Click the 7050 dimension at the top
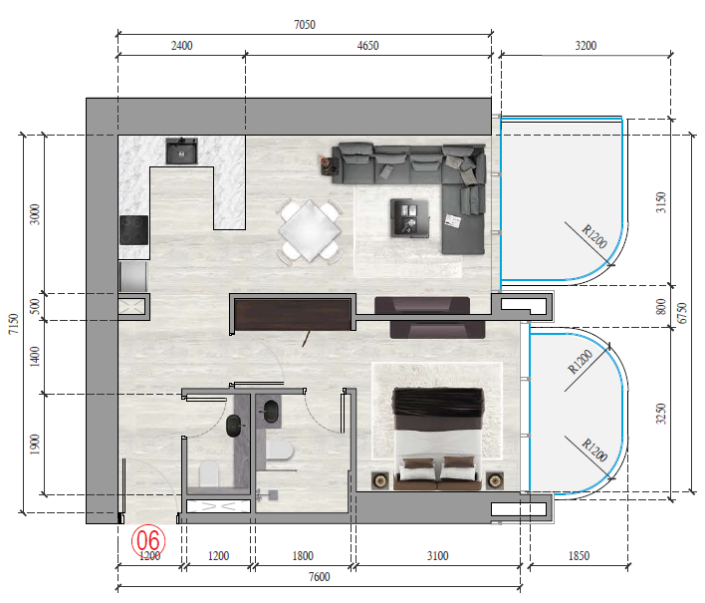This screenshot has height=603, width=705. click(x=304, y=24)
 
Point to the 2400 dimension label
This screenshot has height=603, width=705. click(x=181, y=46)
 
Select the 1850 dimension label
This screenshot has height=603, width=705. click(x=578, y=556)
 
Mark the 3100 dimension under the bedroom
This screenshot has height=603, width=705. click(x=436, y=556)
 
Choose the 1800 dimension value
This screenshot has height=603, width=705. click(x=303, y=556)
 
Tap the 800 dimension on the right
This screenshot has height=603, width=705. click(x=659, y=307)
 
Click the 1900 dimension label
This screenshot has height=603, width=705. click(x=35, y=445)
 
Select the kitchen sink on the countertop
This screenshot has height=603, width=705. click(x=182, y=151)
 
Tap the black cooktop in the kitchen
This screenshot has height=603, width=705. click(x=133, y=231)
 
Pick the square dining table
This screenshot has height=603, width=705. click(x=310, y=231)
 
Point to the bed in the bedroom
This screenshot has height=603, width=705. click(x=439, y=439)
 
